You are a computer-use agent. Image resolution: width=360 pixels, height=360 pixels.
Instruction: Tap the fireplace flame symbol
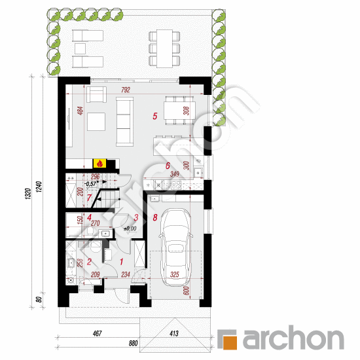point(99,164)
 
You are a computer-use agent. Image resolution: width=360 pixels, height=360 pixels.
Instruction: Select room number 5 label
point(154,117)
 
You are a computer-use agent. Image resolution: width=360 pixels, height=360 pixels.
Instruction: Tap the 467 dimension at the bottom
point(96,333)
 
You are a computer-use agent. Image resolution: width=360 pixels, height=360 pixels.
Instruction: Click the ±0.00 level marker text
point(128,228)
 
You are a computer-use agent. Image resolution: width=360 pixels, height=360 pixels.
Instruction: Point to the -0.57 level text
point(92,184)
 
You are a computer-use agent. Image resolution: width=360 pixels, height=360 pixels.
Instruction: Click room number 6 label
point(168,166)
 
